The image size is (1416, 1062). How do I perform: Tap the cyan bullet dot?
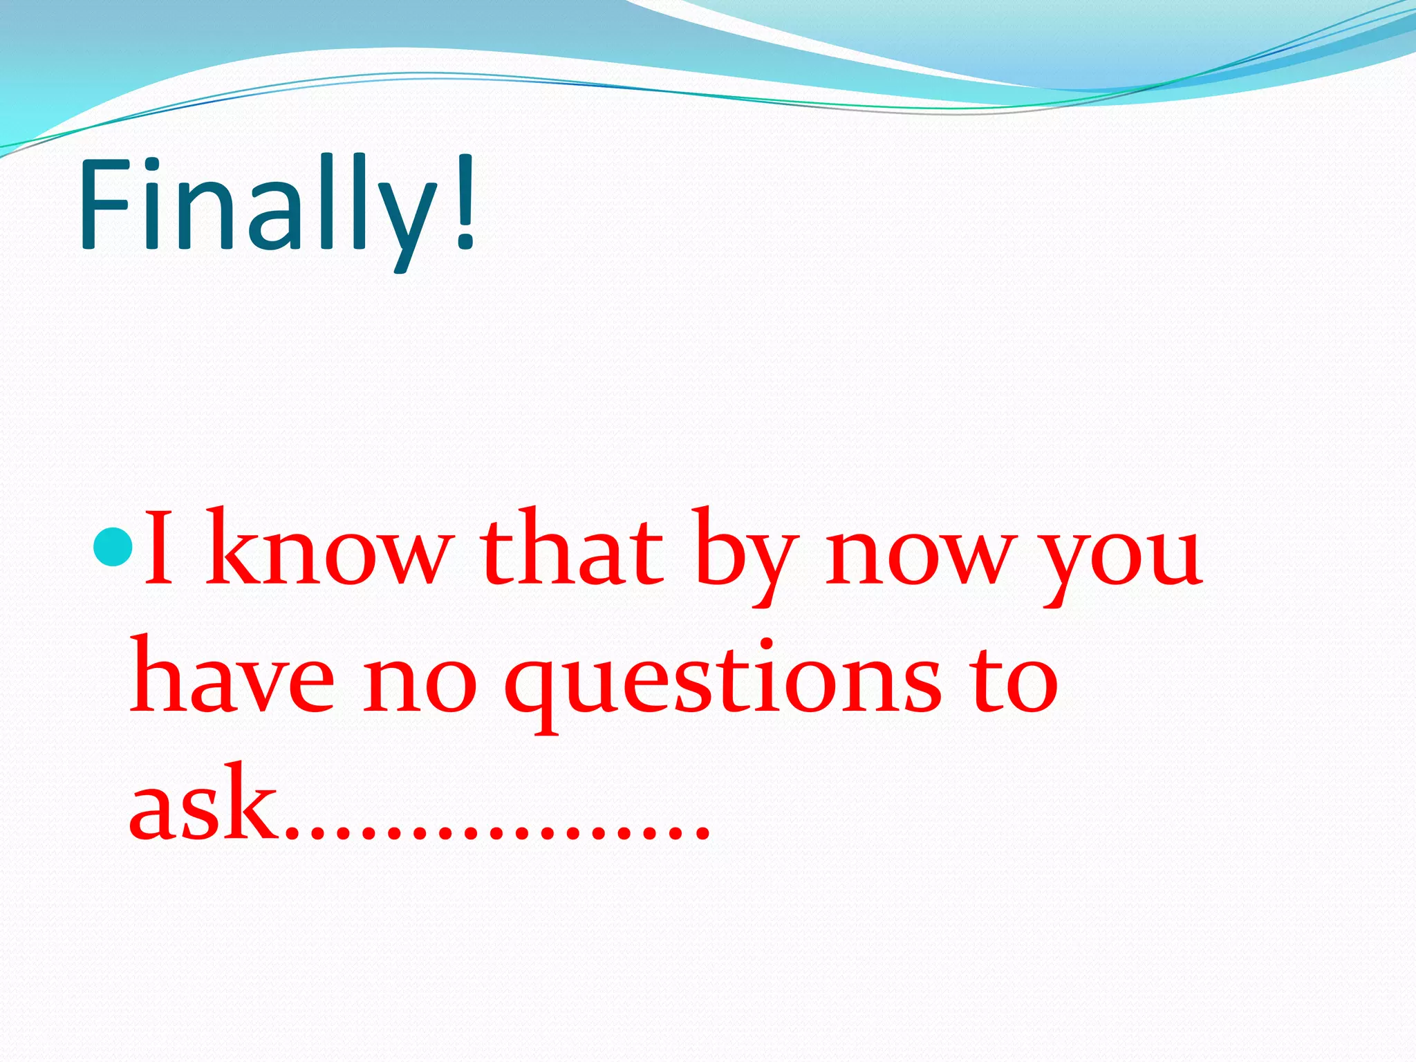pos(111,545)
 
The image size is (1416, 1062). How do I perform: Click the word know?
pos(328,550)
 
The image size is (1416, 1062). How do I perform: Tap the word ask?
pos(201,802)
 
